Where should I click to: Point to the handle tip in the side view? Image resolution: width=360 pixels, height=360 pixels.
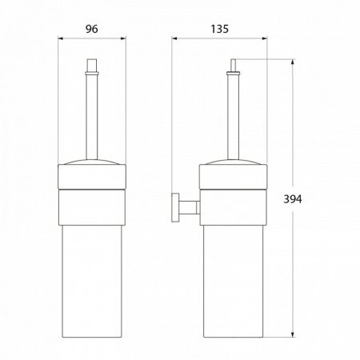(234, 64)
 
